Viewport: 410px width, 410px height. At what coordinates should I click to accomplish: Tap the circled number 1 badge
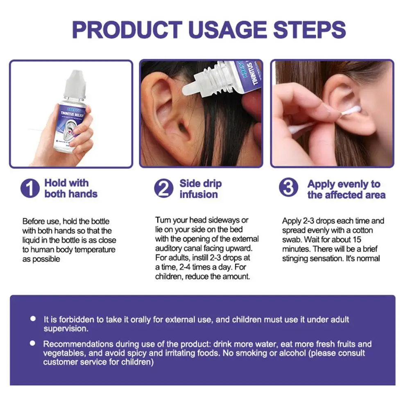[30, 188]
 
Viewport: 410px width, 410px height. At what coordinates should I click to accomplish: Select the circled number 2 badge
[164, 188]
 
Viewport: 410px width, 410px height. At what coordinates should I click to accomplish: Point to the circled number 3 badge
[288, 188]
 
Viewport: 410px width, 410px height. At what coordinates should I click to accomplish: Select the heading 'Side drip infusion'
[201, 189]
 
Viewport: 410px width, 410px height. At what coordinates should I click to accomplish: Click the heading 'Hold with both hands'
[71, 188]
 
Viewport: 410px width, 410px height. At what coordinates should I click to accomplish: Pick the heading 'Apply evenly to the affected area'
[347, 189]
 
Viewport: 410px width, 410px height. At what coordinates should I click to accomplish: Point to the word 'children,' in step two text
[169, 276]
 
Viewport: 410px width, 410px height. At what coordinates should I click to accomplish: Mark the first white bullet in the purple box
[33, 319]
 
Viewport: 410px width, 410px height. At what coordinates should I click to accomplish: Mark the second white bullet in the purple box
[33, 343]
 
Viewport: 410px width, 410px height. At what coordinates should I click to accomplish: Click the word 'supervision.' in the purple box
[66, 328]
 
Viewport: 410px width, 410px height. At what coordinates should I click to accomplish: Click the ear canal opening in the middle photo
[183, 127]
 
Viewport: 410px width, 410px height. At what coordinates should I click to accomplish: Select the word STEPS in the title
[309, 29]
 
